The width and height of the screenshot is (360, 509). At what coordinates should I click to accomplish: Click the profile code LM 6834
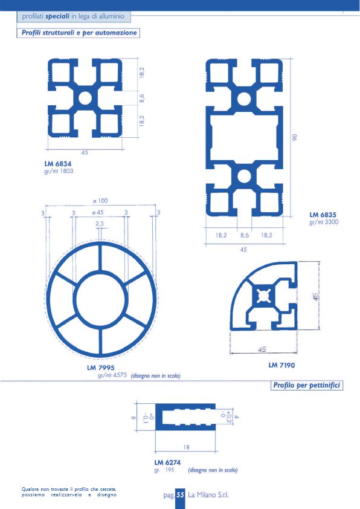58,164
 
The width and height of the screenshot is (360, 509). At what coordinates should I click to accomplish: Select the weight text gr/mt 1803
59,171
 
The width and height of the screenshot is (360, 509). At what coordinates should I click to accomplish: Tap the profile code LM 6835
323,215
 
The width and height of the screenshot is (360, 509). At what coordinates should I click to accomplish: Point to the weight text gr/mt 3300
324,222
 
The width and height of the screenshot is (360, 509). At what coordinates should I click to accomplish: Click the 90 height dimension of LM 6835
295,137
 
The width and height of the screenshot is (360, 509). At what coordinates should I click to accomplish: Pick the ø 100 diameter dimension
100,201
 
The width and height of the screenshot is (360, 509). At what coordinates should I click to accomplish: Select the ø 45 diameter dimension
98,212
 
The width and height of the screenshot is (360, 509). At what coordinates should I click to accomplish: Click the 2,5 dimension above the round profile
100,224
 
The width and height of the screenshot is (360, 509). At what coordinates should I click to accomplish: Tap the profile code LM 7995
100,368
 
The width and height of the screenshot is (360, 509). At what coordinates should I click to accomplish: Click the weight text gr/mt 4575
112,375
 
